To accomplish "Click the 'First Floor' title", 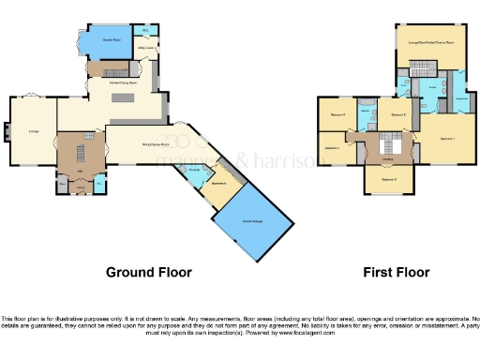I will click(397, 272).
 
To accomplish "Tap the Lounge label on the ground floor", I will click(34, 131).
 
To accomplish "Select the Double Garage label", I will click(251, 220).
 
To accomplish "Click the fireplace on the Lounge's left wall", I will click(7, 132).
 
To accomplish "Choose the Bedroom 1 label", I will click(446, 139).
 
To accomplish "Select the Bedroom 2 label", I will click(398, 115).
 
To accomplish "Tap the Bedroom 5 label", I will click(338, 115).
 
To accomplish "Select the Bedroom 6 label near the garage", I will click(218, 183).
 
